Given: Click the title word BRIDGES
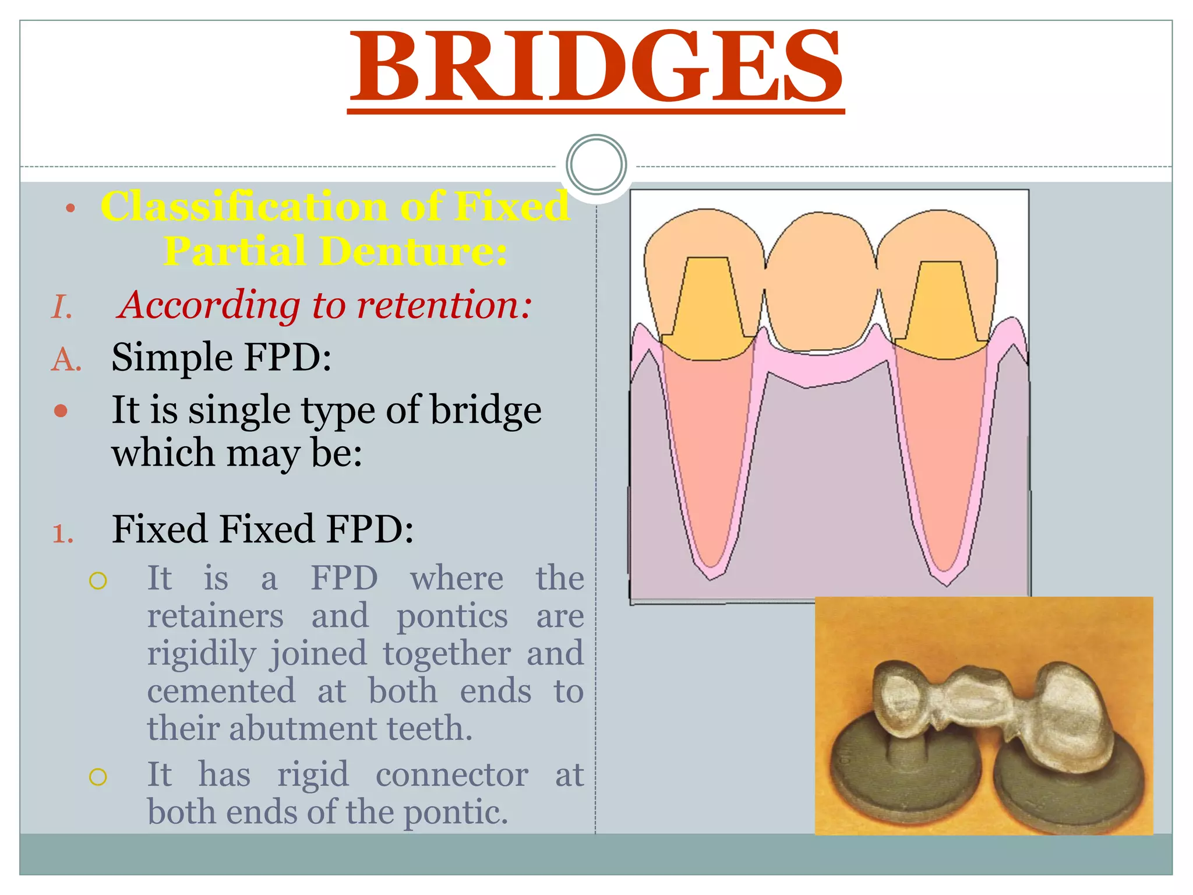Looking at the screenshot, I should click(x=596, y=67).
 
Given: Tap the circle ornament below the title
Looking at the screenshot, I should click(x=596, y=164).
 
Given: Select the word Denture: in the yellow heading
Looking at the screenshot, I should click(x=413, y=252).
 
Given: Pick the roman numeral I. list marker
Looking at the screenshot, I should click(x=62, y=307).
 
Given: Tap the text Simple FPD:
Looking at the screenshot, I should click(x=221, y=357).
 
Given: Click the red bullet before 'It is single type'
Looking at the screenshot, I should click(x=61, y=411).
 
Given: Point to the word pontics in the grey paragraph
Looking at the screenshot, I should click(x=452, y=616).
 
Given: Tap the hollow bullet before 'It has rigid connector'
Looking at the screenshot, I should click(x=98, y=777).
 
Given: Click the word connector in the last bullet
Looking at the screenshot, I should click(x=452, y=775).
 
